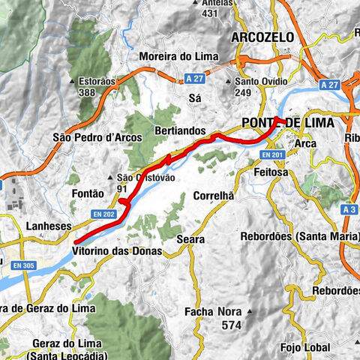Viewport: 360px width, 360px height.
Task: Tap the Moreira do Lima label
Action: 175,56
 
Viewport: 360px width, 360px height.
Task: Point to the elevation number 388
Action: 86,91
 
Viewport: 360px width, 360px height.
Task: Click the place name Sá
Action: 196,97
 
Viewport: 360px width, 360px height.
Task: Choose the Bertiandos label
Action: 180,130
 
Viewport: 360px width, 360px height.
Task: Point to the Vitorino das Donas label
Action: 118,250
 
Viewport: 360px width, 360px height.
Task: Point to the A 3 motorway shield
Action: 348,210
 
